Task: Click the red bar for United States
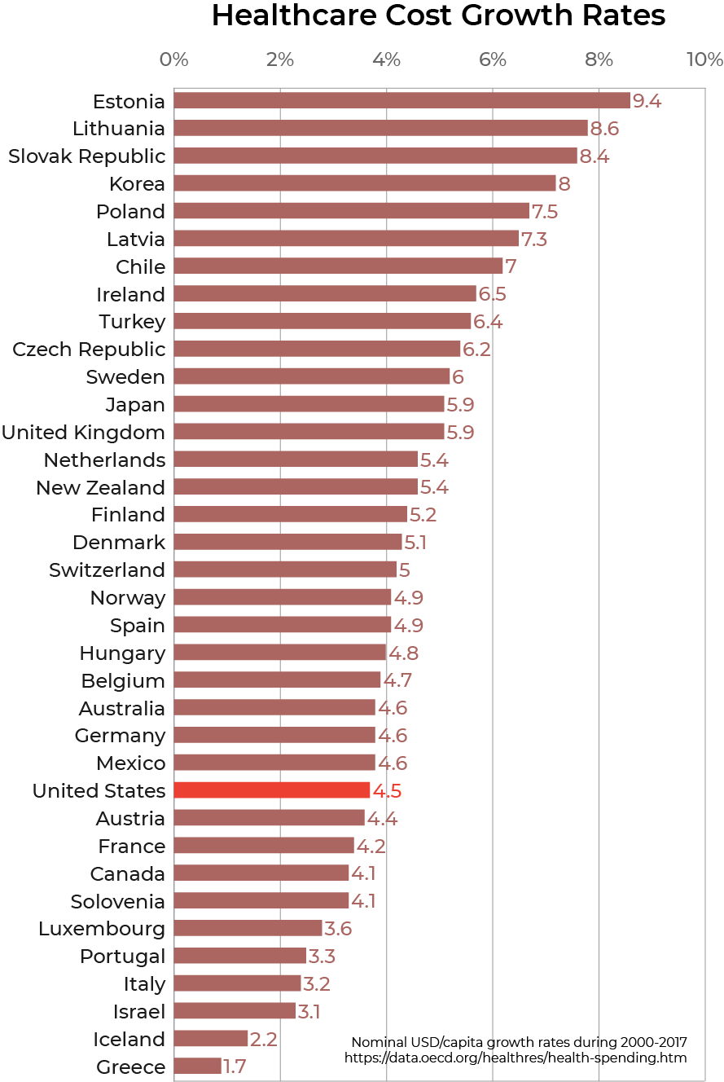coord(272,790)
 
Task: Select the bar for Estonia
coord(401,101)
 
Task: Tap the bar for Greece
coord(197,1067)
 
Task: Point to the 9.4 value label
coord(647,101)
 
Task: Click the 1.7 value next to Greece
coord(236,1067)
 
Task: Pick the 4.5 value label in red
coord(387,791)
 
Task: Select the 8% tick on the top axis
coord(599,59)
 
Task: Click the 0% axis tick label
coord(174,59)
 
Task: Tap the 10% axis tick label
coord(704,59)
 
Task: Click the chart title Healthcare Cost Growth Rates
coord(438,16)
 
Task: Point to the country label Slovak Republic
coord(86,156)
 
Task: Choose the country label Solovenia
coord(117,902)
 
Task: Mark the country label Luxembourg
coord(102,929)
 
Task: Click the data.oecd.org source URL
coord(516,1058)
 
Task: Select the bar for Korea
coord(365,183)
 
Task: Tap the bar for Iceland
coord(211,1039)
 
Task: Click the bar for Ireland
coord(325,294)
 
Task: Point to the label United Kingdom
coord(83,433)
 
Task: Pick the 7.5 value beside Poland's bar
coord(545,212)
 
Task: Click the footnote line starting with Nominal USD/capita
coord(519,1043)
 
